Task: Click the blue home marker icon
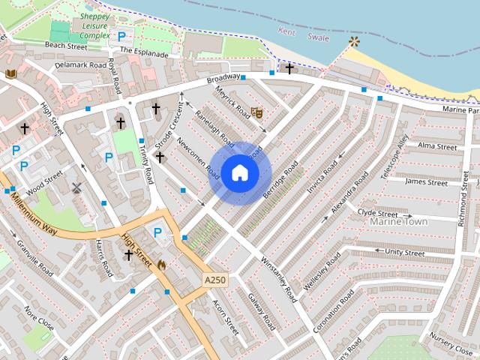pyautogui.click(x=239, y=173)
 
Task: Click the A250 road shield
pyautogui.click(x=214, y=280)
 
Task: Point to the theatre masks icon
pyautogui.click(x=256, y=113)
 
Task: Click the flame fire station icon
pyautogui.click(x=160, y=264)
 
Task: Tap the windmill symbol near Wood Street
pyautogui.click(x=76, y=187)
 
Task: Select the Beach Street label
pyautogui.click(x=66, y=45)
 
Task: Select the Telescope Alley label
pyautogui.click(x=394, y=156)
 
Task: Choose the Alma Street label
pyautogui.click(x=436, y=145)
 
